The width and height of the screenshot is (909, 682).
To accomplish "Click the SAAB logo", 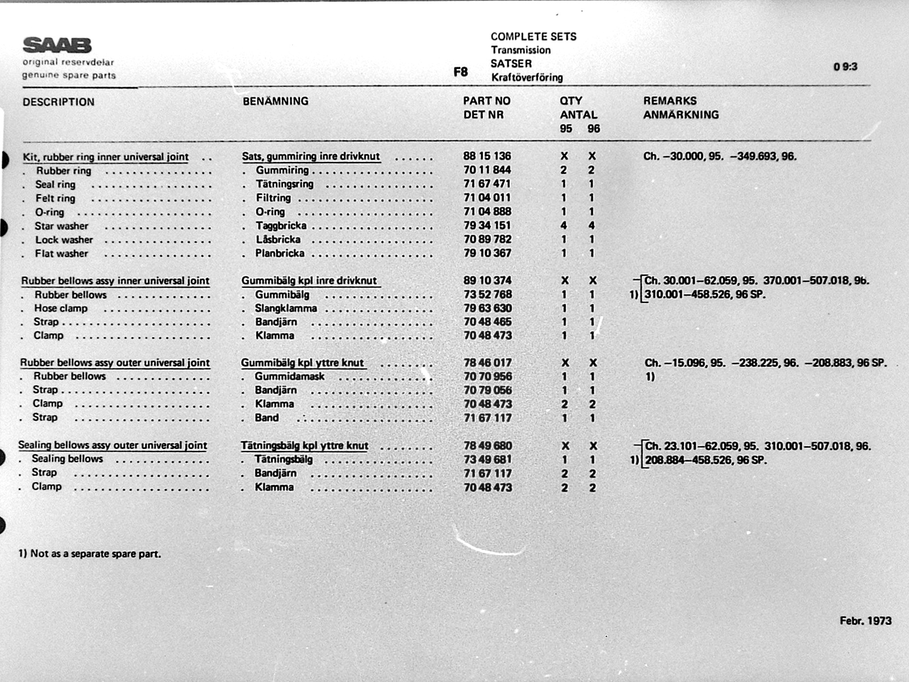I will pos(57,45).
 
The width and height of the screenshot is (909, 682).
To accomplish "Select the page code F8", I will pos(460,72).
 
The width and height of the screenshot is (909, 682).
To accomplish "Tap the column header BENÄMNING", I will pos(275,101).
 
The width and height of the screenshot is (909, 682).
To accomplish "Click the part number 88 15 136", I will pos(487,156).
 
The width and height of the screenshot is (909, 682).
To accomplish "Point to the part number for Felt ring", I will pos(487,198).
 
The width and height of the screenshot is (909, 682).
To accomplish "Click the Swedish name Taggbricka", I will pos(281,226).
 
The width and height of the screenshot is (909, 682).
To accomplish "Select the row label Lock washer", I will pos(64,240).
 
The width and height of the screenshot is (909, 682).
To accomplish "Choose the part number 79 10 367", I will pos(487,253).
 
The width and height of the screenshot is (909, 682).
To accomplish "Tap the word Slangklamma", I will pos(286,308).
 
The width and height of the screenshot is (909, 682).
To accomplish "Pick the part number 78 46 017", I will pos(487,363).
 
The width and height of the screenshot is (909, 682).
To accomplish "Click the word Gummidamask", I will pos(289,377).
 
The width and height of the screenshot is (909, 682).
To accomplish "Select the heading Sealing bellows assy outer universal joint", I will pos(113,445).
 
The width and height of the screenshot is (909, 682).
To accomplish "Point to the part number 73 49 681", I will pos(487,460).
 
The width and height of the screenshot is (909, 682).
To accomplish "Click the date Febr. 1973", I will pos(865,621).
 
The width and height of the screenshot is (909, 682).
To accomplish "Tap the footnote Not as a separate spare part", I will pos(95,554).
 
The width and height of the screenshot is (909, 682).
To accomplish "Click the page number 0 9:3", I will pos(845,67).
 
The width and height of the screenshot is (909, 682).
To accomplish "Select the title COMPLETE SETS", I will pos(533,37).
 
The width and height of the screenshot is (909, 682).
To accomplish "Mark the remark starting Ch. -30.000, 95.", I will pos(719,157).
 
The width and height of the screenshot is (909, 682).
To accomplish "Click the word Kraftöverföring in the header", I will pos(527,78).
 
